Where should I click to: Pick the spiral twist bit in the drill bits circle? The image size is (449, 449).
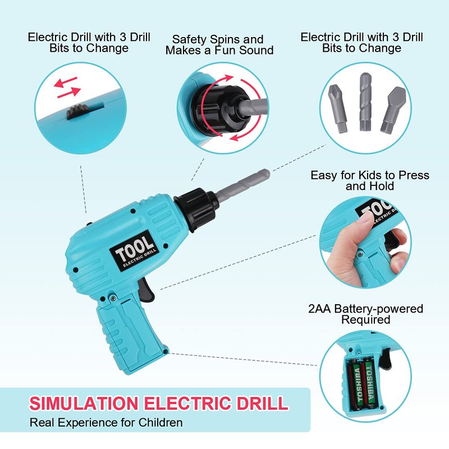coord(366,102)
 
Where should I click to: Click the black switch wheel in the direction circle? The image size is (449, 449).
coord(75,112)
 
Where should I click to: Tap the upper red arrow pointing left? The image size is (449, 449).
coord(66,82)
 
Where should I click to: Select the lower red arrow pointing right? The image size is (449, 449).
coord(69,92)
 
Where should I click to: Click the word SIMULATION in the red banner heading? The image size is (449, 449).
coord(84,403)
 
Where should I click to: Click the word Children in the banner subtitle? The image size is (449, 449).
coord(161,423)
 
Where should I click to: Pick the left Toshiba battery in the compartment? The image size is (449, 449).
coord(357,384)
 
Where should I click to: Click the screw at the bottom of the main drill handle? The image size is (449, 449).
coord(165,351)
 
